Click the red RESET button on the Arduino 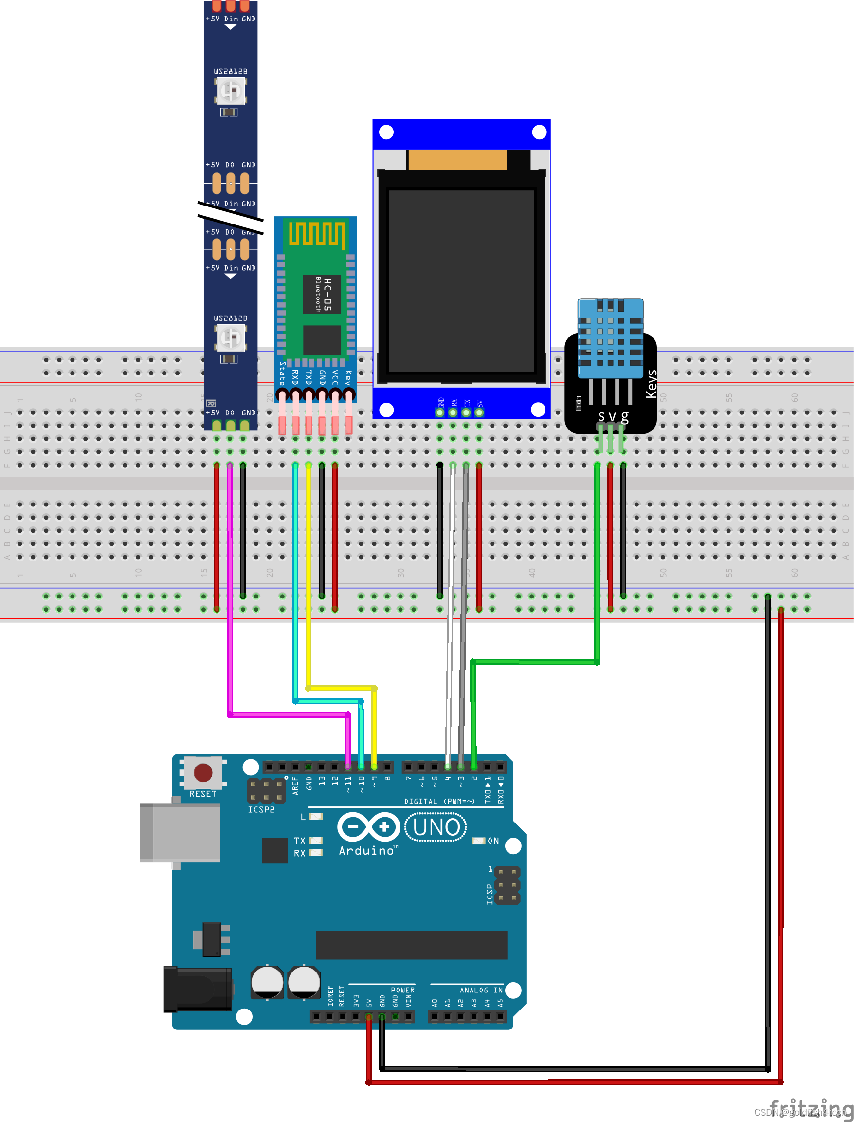click(203, 772)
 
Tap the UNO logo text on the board click(436, 827)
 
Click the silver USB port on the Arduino click(181, 832)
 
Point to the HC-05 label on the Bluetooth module click(327, 295)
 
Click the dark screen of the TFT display click(461, 281)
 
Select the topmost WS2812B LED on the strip click(231, 92)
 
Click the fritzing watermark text click(810, 1106)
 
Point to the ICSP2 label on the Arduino click(261, 810)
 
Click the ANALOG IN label click(481, 990)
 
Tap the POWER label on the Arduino click(402, 990)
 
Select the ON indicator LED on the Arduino click(478, 841)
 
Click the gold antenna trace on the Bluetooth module click(317, 234)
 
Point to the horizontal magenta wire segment click(288, 714)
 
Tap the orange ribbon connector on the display click(457, 160)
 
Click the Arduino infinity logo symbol click(368, 827)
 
